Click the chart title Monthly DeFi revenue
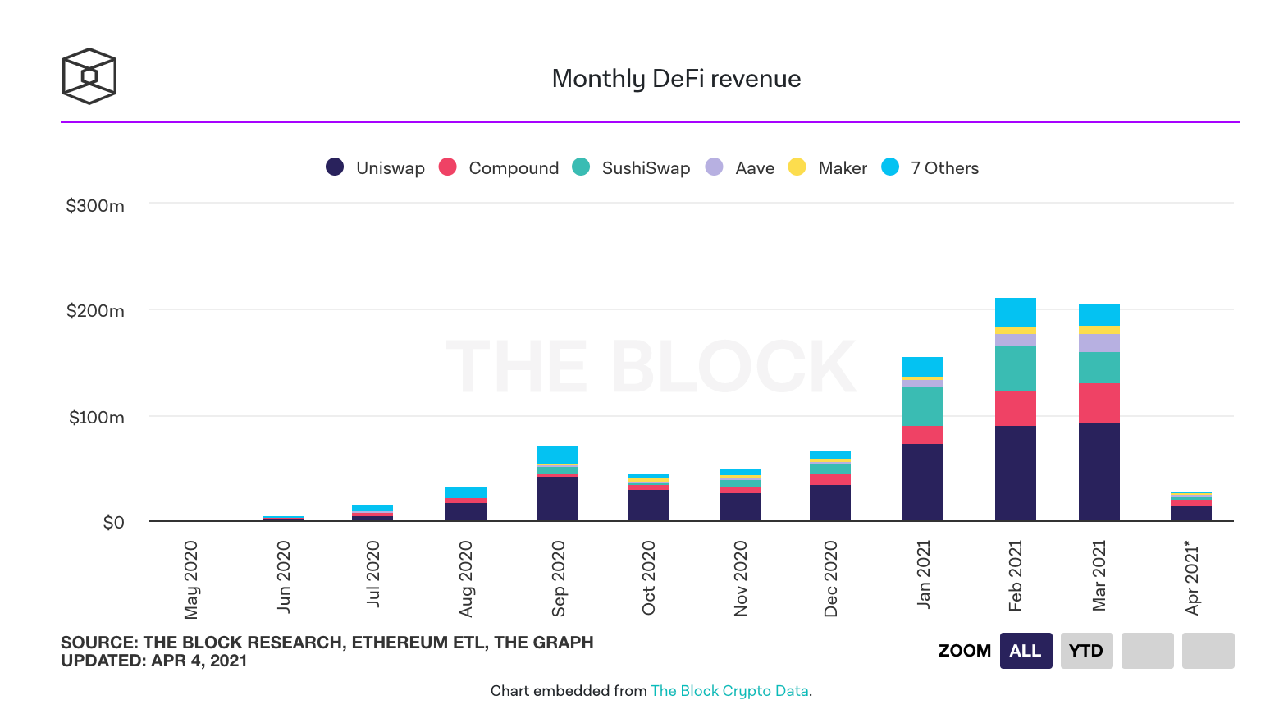coord(676,79)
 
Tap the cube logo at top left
coord(89,76)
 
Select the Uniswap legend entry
coord(376,167)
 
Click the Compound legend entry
coord(499,167)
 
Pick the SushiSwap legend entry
coord(631,167)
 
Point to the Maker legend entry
coord(828,167)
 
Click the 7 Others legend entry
coord(930,167)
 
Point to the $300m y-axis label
coord(95,206)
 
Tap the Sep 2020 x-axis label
coord(559,578)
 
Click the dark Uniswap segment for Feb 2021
coord(1015,473)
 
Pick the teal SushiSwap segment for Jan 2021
coord(922,406)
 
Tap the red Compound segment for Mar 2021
coord(1099,403)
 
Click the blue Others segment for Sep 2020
coord(558,455)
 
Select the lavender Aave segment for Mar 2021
coord(1099,343)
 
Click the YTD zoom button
coord(1086,651)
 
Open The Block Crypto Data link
coord(729,691)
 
